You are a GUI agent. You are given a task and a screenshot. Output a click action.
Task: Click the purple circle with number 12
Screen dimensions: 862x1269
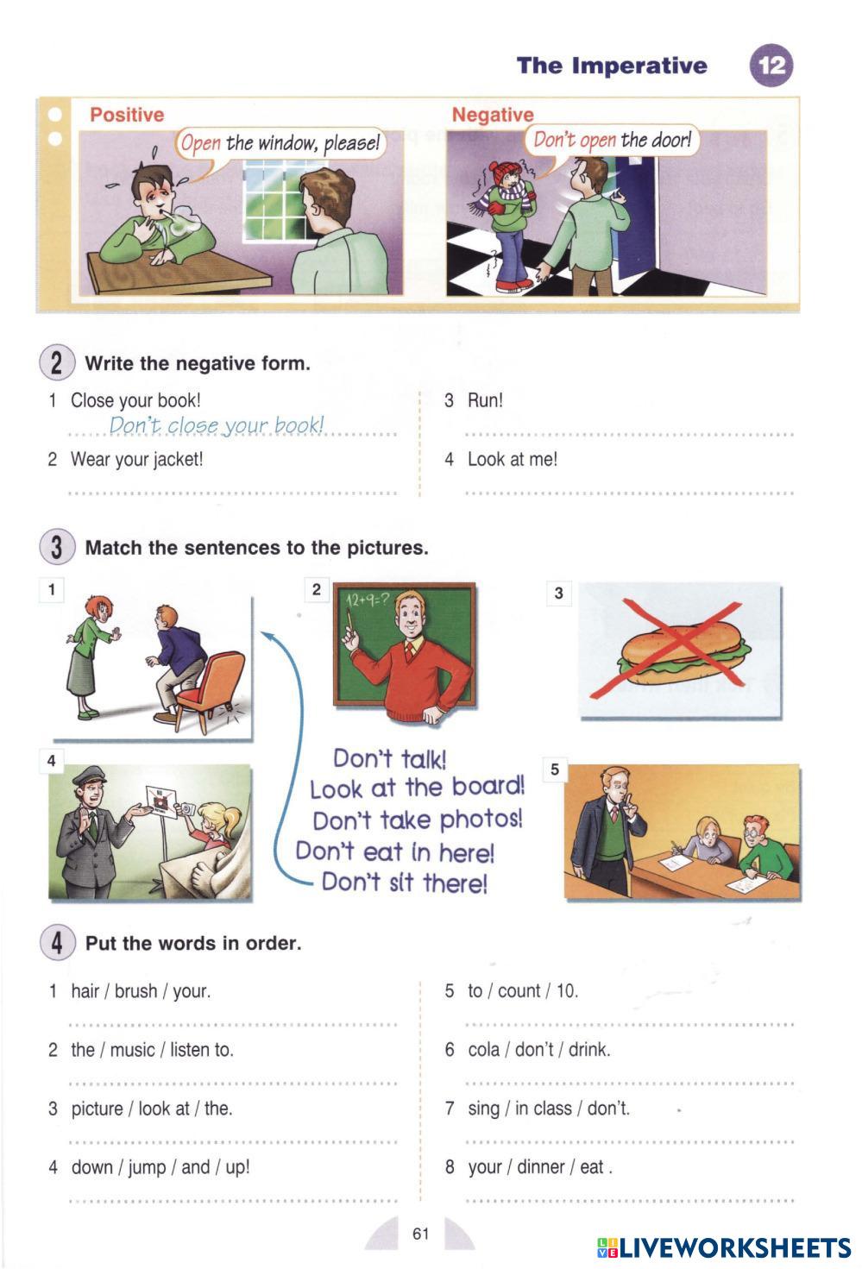(x=771, y=66)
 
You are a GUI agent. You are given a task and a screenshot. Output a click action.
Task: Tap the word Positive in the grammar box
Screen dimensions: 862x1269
(x=127, y=115)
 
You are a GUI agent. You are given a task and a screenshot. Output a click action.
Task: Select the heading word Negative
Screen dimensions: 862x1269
(x=493, y=115)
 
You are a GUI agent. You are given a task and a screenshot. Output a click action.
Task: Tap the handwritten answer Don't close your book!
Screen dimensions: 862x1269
(x=217, y=425)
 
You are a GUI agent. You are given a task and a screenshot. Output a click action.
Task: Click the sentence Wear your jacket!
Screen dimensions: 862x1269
(x=136, y=459)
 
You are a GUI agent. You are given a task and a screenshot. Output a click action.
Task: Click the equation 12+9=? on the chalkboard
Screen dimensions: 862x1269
(x=367, y=599)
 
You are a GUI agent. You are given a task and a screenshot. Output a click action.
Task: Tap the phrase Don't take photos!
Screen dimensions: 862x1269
(x=417, y=820)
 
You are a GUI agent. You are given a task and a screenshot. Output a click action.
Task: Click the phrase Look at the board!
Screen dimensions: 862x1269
(x=417, y=788)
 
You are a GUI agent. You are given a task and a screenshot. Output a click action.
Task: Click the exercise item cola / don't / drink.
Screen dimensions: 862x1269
(x=539, y=1050)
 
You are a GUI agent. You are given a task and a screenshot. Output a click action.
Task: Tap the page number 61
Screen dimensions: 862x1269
(x=420, y=1234)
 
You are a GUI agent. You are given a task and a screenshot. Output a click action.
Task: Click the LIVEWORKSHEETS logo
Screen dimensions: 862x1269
(x=724, y=1247)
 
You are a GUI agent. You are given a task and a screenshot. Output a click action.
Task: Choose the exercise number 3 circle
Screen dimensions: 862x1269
(x=57, y=547)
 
